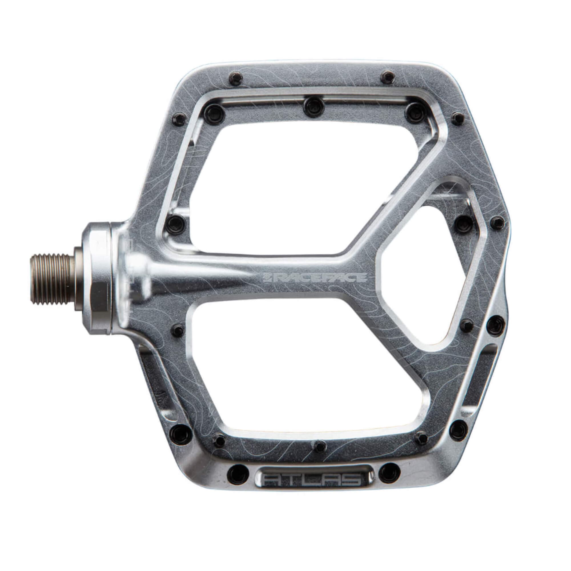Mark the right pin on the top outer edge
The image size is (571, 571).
click(x=387, y=77)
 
